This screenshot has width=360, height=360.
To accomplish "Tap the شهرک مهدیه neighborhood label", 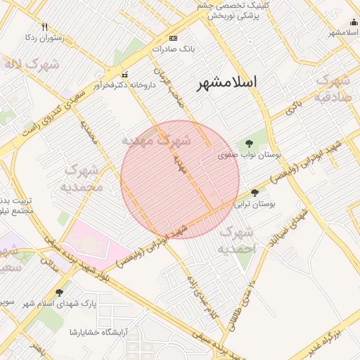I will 156,141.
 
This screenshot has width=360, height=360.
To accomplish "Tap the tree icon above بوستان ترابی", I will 255,192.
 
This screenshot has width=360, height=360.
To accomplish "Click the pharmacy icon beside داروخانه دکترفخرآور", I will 125,75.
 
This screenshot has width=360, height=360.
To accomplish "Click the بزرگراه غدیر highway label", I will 337,343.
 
